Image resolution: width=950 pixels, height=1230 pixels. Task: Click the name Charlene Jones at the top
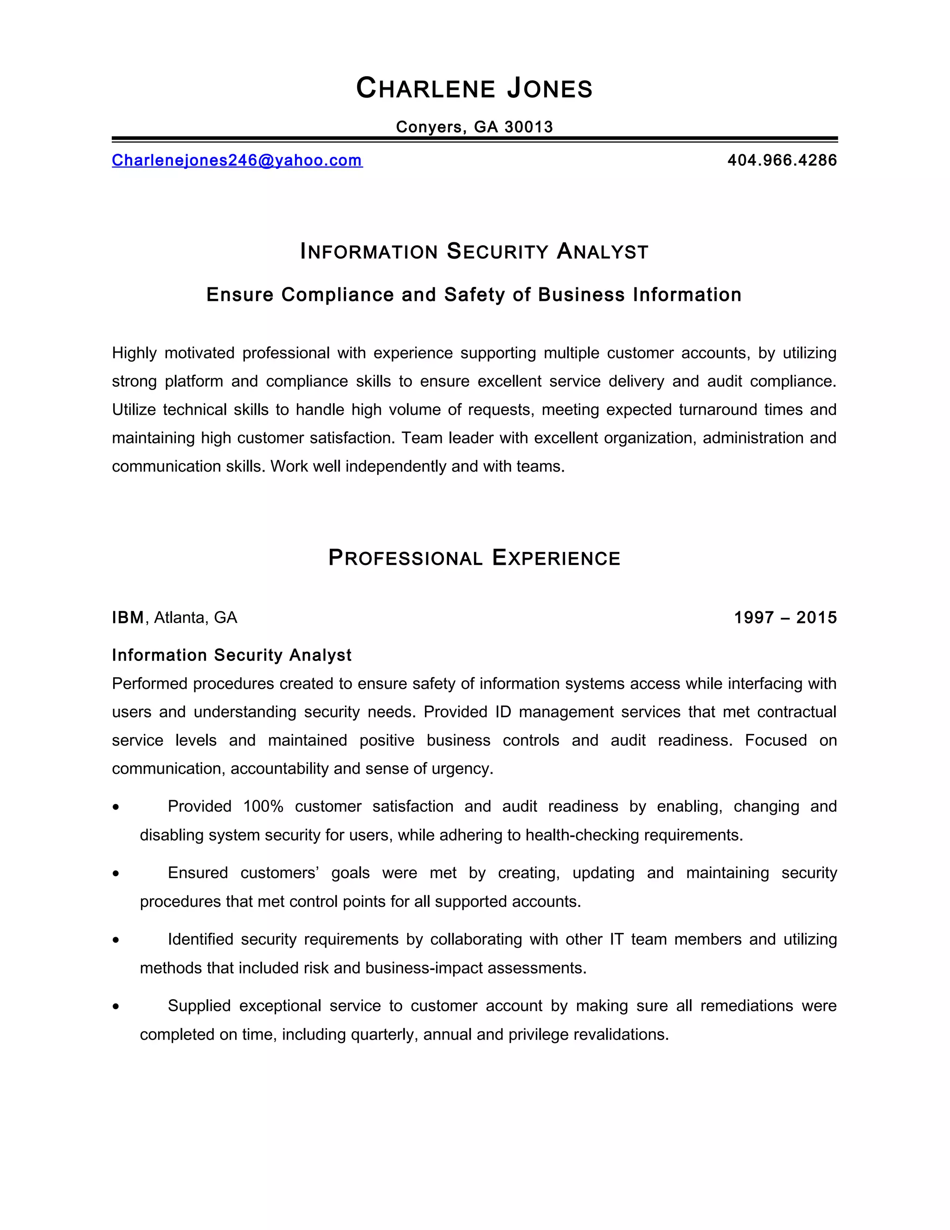pos(475,88)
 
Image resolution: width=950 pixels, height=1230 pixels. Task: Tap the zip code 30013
pos(528,127)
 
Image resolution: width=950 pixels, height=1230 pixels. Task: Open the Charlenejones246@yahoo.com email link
pos(237,161)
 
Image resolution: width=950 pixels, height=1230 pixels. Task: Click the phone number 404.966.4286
pos(782,161)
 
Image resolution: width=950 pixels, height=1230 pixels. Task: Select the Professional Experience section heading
pos(475,557)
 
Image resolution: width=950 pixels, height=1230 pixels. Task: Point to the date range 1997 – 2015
pos(785,618)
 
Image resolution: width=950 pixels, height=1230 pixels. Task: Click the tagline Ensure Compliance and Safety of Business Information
pos(474,295)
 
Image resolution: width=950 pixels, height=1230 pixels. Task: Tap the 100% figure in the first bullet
pos(263,807)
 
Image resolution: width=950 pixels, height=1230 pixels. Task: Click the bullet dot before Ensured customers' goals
pos(116,874)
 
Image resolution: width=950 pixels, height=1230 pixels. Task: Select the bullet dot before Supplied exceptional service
pos(116,1006)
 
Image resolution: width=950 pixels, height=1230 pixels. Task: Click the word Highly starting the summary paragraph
pos(134,353)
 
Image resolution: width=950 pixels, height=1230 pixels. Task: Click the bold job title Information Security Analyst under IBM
pos(231,655)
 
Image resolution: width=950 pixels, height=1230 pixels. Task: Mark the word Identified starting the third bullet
pos(200,939)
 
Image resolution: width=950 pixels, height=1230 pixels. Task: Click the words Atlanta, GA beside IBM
pos(195,618)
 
